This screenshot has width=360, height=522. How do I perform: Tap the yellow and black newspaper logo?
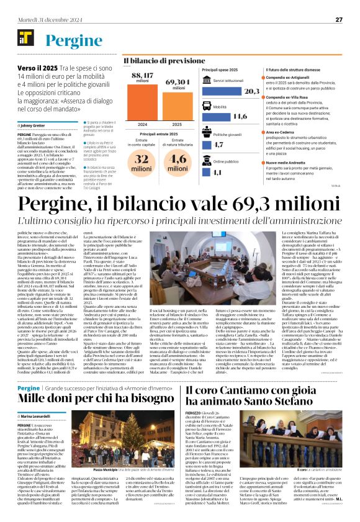pos(27,39)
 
